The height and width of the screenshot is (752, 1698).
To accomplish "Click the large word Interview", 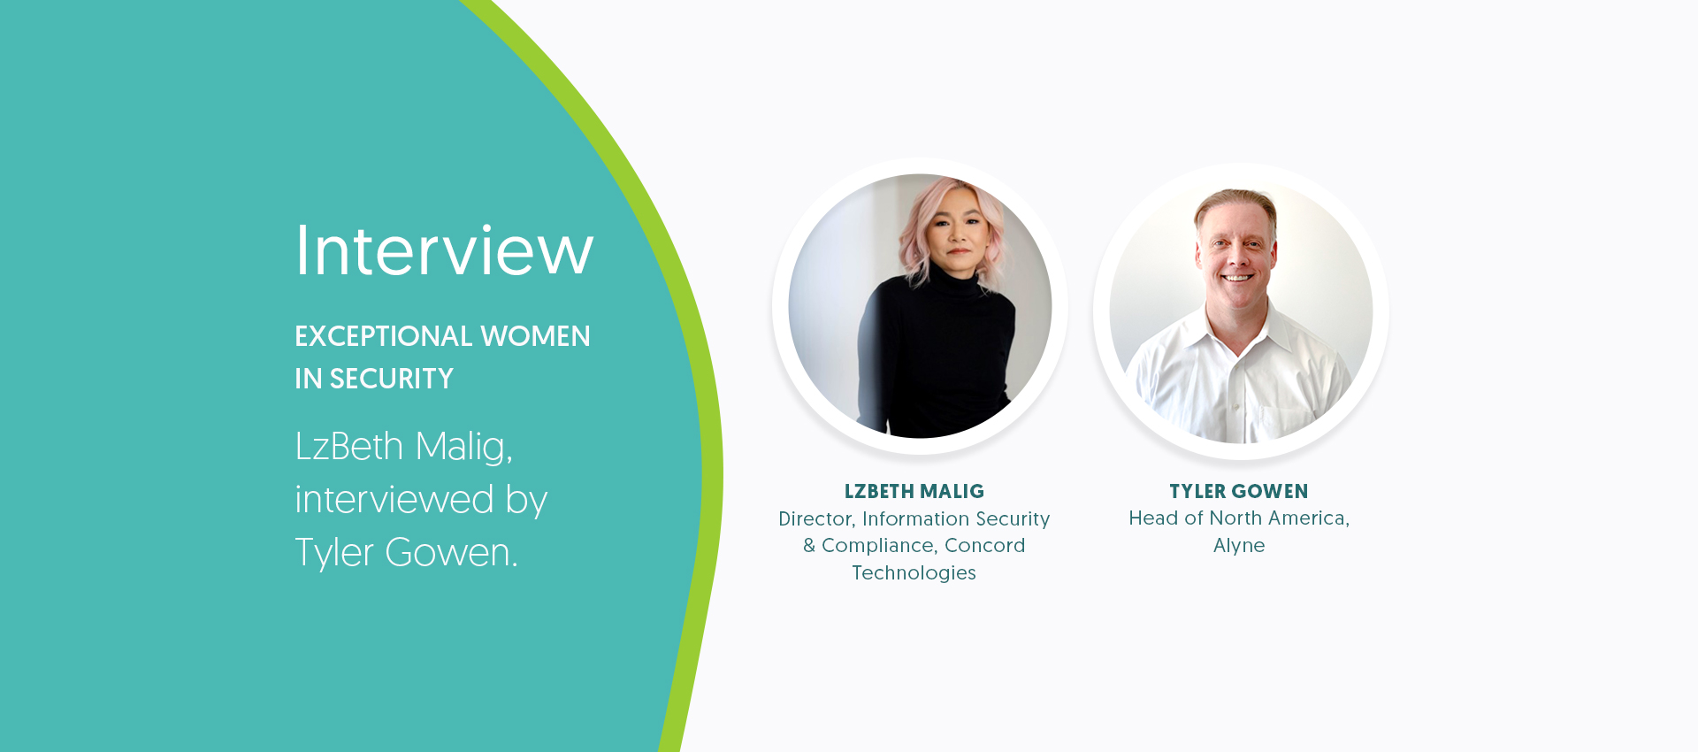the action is [444, 250].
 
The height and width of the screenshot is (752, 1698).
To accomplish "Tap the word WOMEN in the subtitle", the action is [536, 336].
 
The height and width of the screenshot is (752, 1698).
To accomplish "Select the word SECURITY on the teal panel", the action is [392, 379].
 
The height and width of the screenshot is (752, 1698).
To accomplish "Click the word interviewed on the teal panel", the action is [394, 499].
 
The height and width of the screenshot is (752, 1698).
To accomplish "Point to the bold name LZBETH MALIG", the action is [914, 492].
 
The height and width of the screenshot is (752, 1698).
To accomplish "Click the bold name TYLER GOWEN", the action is [1239, 492].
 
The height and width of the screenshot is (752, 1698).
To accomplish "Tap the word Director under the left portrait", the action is [816, 519].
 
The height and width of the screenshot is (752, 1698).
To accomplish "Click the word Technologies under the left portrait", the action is [914, 573].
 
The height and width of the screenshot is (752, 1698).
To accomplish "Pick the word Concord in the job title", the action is [985, 546].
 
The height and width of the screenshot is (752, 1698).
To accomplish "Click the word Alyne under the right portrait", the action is [1239, 546].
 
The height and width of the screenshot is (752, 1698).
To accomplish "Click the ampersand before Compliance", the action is [809, 546].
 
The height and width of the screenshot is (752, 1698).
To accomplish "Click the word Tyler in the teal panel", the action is [334, 553].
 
